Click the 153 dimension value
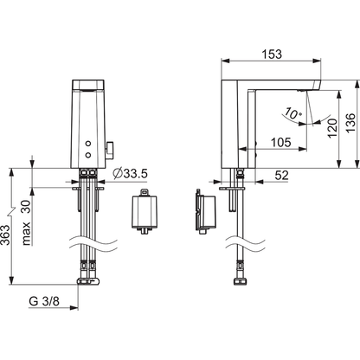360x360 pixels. (272, 54)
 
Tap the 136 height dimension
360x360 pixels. (350, 123)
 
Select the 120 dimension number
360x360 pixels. (332, 128)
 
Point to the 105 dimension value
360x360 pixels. (281, 142)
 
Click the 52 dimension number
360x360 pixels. (281, 175)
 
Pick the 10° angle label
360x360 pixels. (292, 113)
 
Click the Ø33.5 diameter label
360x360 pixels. (131, 174)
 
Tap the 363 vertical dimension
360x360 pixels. (6, 235)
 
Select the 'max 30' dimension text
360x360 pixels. (27, 222)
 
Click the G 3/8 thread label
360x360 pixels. (44, 301)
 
